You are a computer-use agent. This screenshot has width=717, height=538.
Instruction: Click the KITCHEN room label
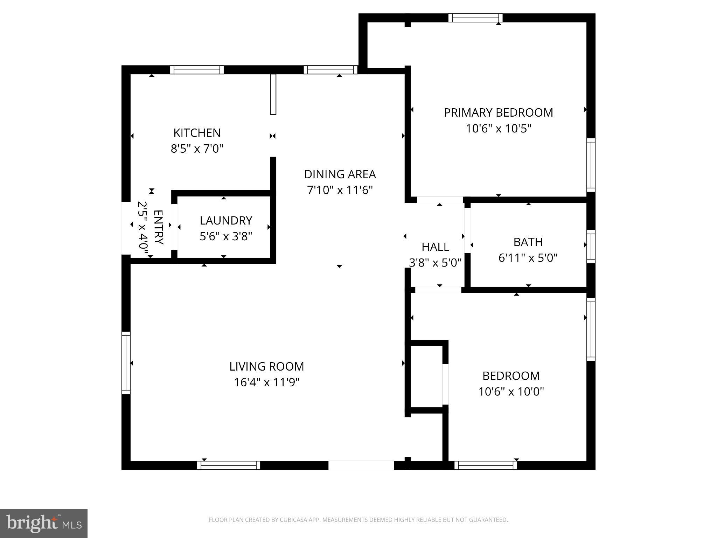pyautogui.click(x=197, y=133)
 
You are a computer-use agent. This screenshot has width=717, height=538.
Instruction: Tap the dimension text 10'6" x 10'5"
pyautogui.click(x=498, y=129)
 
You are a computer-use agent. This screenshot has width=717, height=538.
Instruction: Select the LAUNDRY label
pyautogui.click(x=226, y=220)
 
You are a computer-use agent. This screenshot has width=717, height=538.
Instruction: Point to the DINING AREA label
pyautogui.click(x=340, y=174)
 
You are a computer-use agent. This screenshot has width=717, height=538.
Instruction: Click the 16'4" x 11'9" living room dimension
pyautogui.click(x=266, y=382)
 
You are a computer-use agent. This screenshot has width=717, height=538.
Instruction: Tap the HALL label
pyautogui.click(x=435, y=247)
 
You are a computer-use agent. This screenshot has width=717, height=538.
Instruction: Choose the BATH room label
pyautogui.click(x=528, y=242)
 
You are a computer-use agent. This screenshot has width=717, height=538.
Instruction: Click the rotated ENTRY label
pyautogui.click(x=159, y=227)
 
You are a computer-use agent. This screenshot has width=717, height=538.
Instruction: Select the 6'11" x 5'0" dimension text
pyautogui.click(x=528, y=258)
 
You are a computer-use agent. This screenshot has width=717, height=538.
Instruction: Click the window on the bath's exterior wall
pyautogui.click(x=591, y=246)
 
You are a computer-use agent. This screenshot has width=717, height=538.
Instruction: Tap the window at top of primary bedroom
pyautogui.click(x=475, y=18)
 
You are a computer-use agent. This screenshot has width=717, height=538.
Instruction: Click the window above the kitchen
pyautogui.click(x=197, y=70)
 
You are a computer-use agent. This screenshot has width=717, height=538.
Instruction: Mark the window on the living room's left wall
pyautogui.click(x=126, y=363)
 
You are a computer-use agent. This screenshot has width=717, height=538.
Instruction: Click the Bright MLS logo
pyautogui.click(x=44, y=523)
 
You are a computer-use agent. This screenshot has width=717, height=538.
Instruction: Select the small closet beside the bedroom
pyautogui.click(x=426, y=377)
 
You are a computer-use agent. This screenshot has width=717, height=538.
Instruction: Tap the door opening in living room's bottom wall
pyautogui.click(x=361, y=465)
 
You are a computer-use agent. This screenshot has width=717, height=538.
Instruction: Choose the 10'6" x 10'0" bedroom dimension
pyautogui.click(x=511, y=392)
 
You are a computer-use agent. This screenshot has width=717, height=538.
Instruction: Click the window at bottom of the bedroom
pyautogui.click(x=486, y=465)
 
